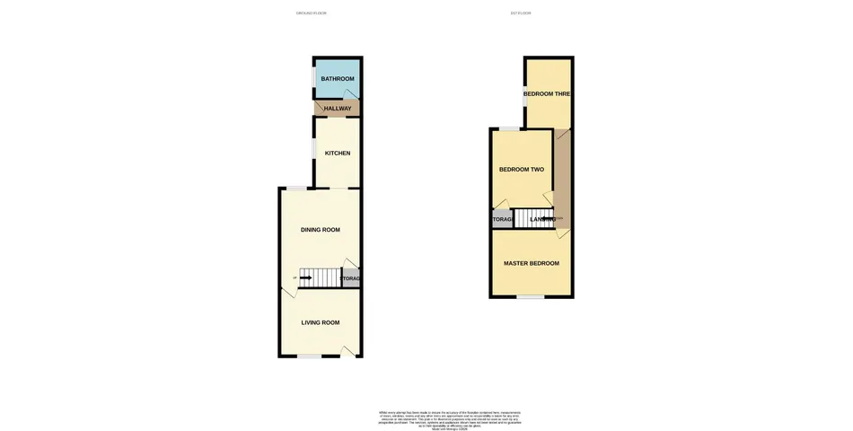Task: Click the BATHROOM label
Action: [x=338, y=80]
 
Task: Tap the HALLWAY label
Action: [x=338, y=109]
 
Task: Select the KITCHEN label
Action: [x=338, y=154]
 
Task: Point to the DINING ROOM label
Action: [x=320, y=230]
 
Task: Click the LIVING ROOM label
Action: [x=320, y=322]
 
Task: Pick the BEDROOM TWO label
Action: [x=522, y=170]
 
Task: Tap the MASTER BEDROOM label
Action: [x=532, y=263]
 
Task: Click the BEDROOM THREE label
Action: [x=548, y=93]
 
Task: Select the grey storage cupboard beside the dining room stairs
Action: [x=351, y=279]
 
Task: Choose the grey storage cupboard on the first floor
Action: [x=502, y=219]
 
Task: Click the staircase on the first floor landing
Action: [x=540, y=218]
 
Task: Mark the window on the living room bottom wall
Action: [x=310, y=356]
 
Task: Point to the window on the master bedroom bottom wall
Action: [x=531, y=297]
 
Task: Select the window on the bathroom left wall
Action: [x=313, y=79]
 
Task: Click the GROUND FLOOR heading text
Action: [x=312, y=13]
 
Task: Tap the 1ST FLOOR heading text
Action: [x=521, y=13]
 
